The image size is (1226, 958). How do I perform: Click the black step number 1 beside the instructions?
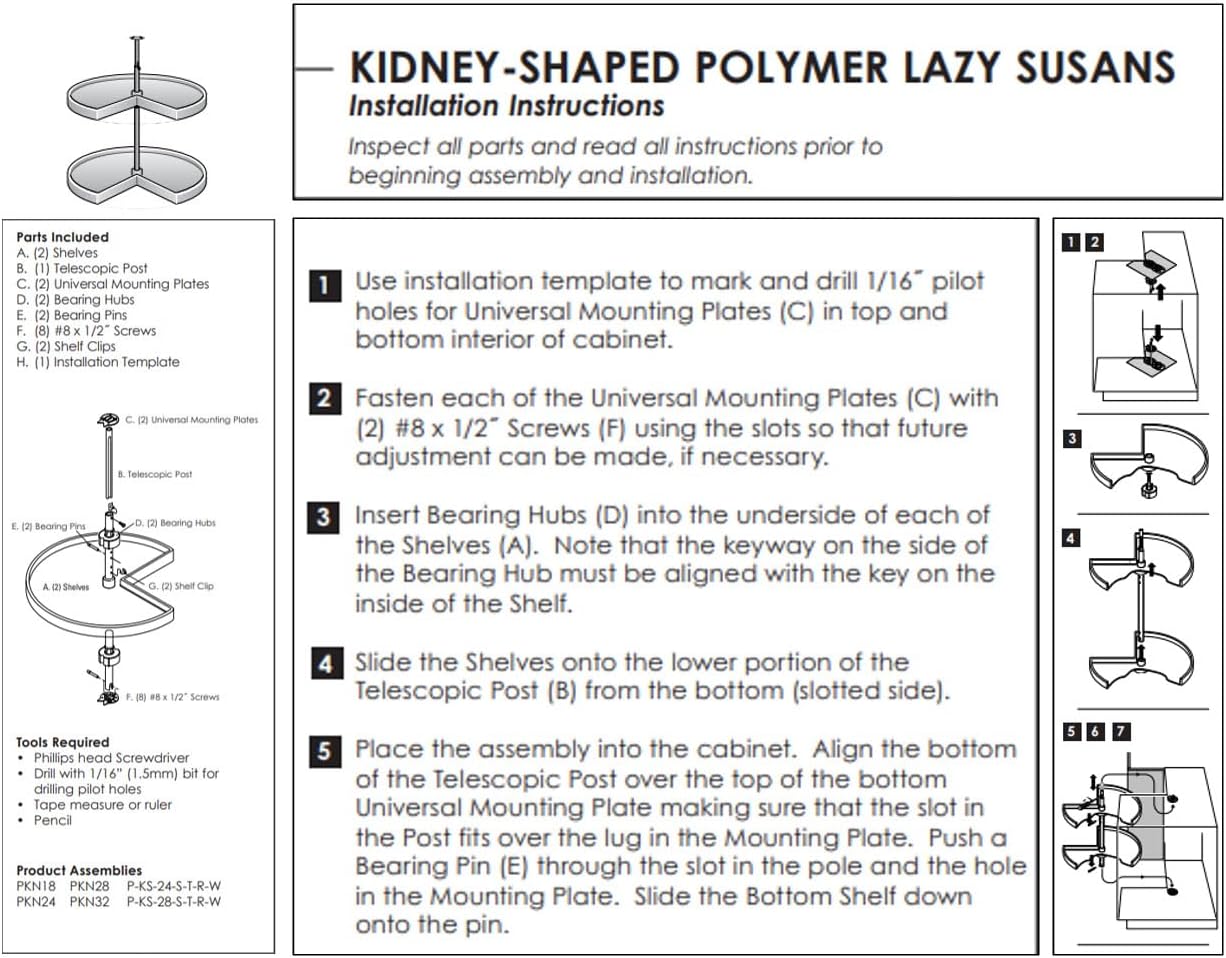tap(324, 285)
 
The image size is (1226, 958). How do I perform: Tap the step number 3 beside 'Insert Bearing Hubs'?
tap(324, 518)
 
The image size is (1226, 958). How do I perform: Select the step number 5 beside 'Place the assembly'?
tap(324, 752)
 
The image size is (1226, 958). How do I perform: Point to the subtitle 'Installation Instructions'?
tap(506, 106)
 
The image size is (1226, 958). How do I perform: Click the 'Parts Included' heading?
tap(63, 237)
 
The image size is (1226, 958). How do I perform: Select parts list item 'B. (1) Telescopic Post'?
tap(82, 268)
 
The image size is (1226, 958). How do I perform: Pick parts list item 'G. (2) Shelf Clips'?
tap(66, 346)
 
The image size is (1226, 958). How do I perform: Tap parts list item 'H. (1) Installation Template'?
tap(98, 362)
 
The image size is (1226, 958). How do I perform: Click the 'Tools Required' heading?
tap(63, 742)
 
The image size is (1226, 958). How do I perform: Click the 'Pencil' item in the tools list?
tap(53, 820)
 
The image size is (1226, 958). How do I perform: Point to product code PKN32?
tap(90, 901)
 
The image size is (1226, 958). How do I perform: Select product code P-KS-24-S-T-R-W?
tap(173, 886)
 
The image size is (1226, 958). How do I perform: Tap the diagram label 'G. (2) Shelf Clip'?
tap(180, 586)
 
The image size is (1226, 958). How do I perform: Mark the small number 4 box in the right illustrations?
tap(1071, 538)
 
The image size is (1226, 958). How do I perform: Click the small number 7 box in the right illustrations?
tap(1121, 731)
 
